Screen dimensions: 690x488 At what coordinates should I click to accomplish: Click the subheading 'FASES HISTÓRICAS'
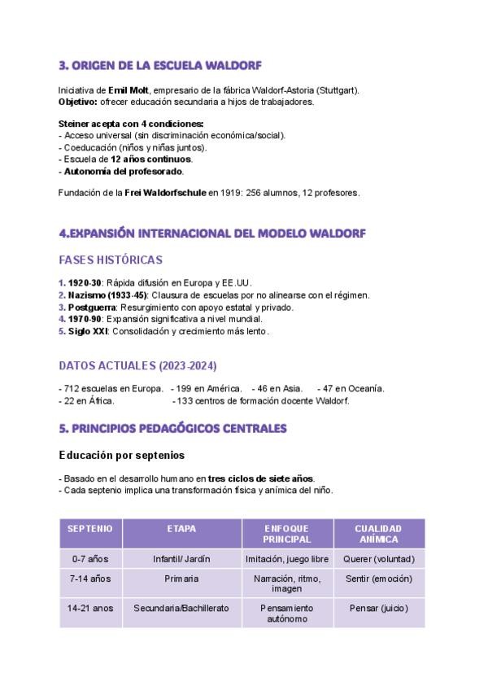click(x=111, y=260)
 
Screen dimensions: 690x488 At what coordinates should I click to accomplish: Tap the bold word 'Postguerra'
click(x=92, y=308)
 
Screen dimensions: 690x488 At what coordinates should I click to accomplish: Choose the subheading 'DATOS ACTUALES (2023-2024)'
click(x=138, y=365)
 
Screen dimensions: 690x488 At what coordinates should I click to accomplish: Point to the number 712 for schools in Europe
click(x=70, y=389)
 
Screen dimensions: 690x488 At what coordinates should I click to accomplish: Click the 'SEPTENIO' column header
click(x=90, y=529)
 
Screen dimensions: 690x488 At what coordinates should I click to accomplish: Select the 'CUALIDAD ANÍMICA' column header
click(x=378, y=534)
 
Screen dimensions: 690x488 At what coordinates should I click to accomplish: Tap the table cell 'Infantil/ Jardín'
click(x=181, y=560)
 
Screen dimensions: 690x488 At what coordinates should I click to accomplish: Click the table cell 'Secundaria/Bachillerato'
click(x=181, y=608)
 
